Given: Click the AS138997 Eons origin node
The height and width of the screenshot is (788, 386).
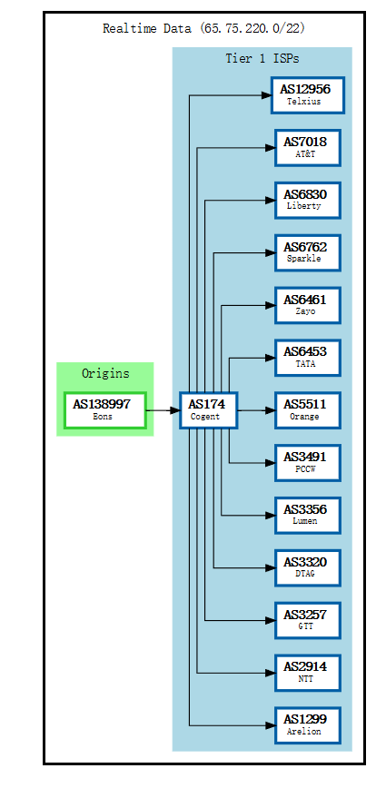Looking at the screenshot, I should click(104, 410).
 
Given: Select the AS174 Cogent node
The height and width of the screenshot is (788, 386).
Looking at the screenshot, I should click(208, 410).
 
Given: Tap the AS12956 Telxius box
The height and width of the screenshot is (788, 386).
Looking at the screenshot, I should click(307, 95).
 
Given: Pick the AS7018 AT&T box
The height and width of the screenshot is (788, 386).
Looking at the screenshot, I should click(307, 147).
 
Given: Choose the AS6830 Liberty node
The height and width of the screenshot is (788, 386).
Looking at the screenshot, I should click(307, 200).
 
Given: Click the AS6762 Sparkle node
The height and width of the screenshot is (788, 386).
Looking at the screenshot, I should click(307, 252).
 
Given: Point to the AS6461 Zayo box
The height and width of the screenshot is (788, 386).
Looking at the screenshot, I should click(307, 305).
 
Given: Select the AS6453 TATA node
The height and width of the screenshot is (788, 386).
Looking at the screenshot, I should click(307, 357).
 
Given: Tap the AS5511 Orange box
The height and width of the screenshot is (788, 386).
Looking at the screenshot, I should click(307, 410).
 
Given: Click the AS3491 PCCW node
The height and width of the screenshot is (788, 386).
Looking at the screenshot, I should click(307, 462).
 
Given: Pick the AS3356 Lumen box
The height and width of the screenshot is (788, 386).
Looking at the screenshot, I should click(307, 515).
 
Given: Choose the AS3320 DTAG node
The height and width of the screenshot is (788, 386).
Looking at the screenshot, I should click(307, 567).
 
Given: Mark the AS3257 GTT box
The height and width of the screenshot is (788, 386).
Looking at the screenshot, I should click(307, 620).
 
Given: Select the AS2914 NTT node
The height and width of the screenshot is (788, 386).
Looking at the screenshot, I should click(307, 672).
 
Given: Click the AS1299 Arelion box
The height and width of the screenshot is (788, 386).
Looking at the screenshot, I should click(307, 724).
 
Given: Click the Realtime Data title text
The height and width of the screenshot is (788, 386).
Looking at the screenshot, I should click(203, 28).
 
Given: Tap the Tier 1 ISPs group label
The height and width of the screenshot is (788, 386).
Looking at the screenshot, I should click(262, 59).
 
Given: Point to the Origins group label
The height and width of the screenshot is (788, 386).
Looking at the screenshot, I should click(105, 373).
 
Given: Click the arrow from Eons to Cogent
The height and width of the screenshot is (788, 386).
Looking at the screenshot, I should click(163, 410).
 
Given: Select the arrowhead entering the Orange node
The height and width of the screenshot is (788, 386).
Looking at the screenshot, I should click(269, 410).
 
